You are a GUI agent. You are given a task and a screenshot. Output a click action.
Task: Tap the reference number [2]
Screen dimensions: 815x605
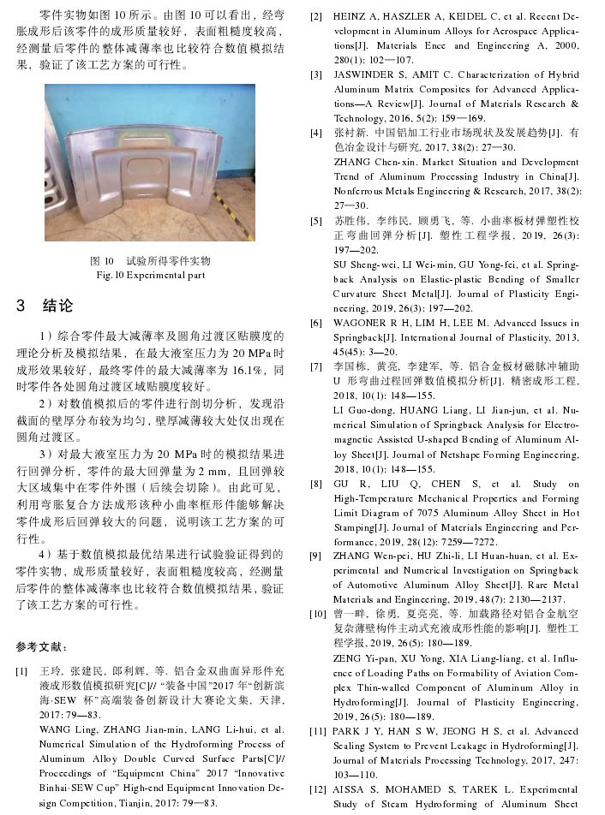[x=316, y=17]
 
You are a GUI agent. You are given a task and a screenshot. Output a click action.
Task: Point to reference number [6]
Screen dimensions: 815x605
[x=316, y=324]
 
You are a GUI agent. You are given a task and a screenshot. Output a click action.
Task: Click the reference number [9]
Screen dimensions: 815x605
[x=316, y=556]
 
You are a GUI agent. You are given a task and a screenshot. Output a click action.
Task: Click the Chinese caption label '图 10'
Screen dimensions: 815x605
[x=103, y=260]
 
